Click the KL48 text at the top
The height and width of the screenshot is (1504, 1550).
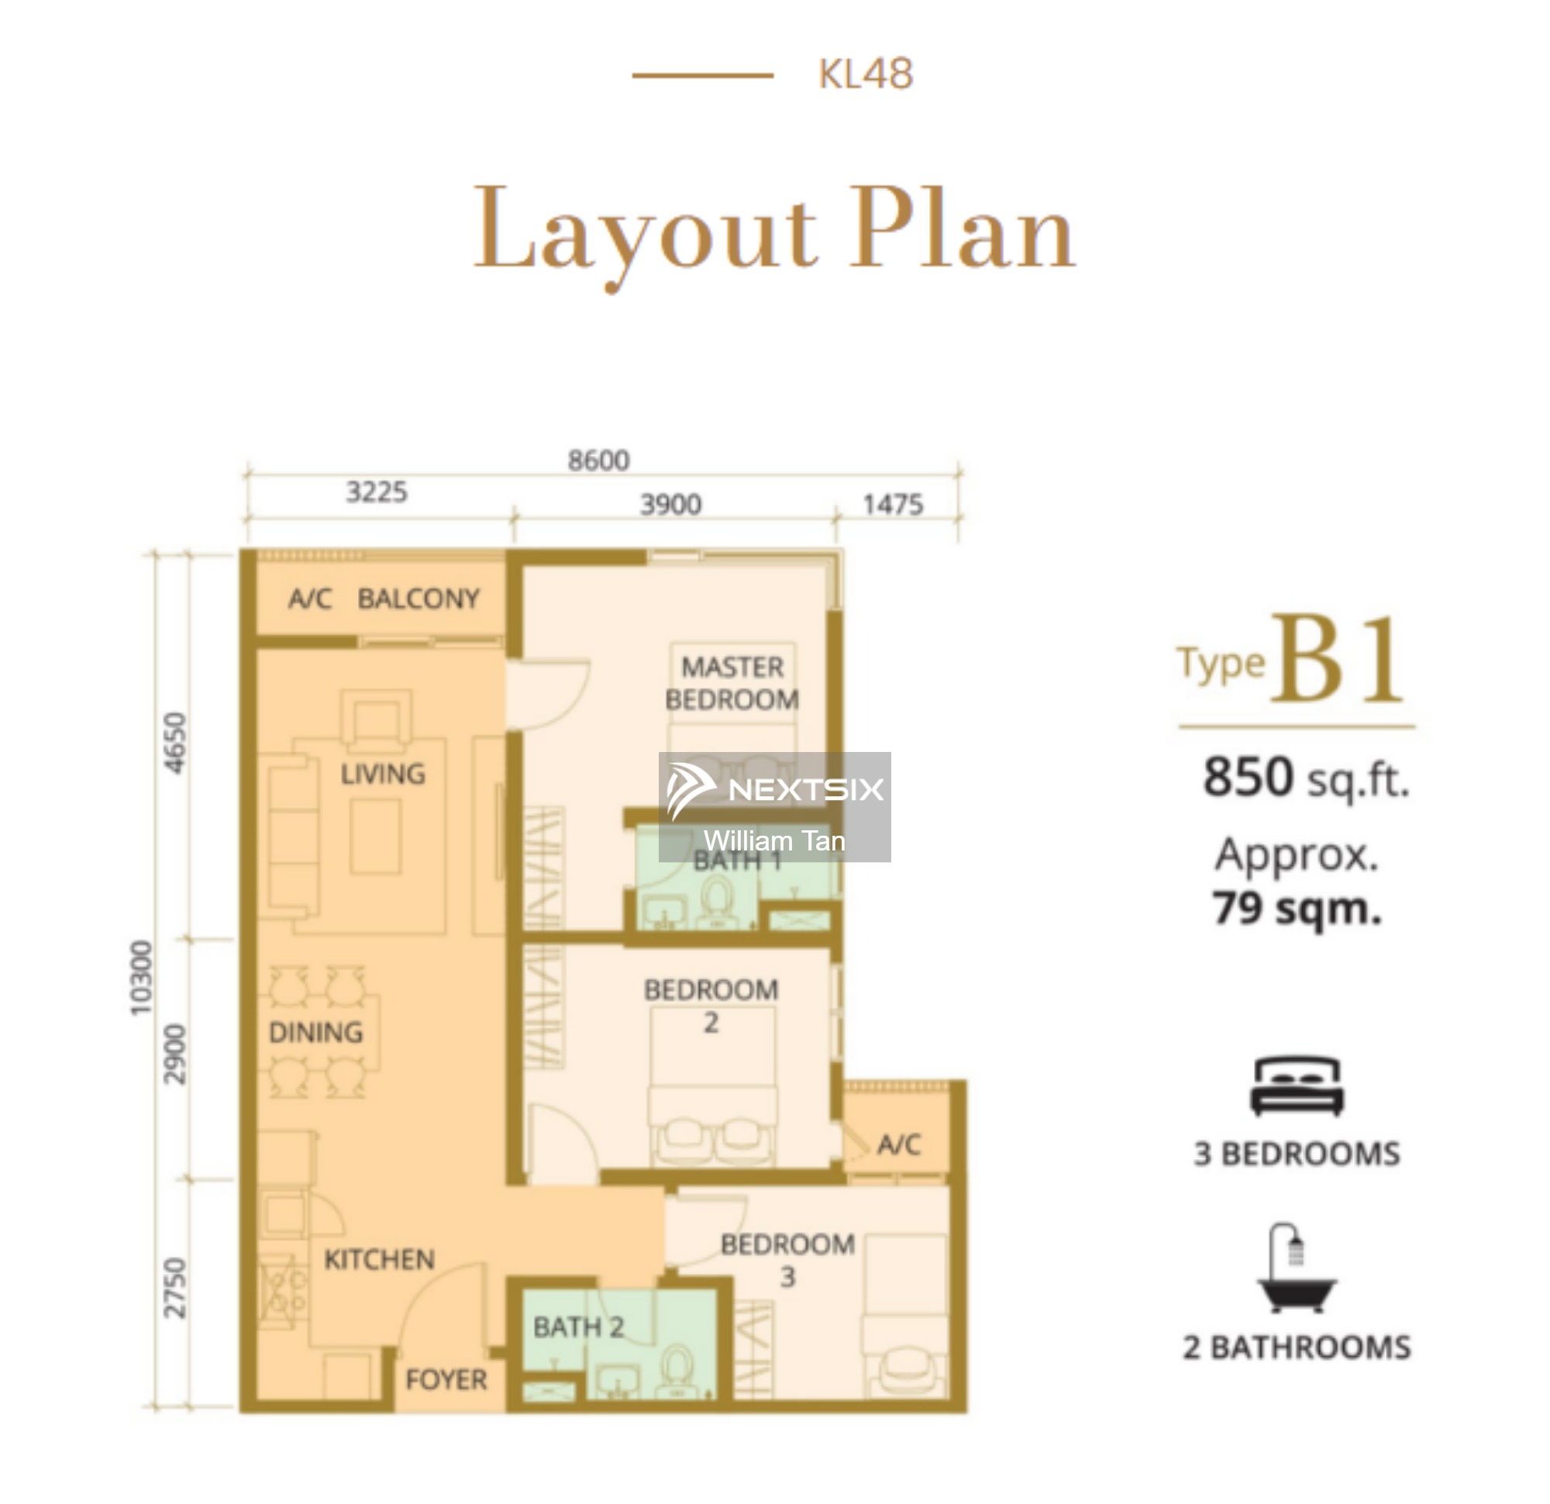(866, 74)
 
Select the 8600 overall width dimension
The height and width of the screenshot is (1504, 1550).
(598, 461)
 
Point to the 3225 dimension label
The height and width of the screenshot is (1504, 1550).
(377, 492)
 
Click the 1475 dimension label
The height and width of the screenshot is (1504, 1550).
(893, 505)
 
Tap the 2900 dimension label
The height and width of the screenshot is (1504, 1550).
(176, 1054)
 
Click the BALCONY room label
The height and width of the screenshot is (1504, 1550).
(418, 599)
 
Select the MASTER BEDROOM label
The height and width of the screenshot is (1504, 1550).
(732, 684)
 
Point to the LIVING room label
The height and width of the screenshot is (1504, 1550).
(383, 774)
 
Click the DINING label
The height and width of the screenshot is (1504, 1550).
(315, 1033)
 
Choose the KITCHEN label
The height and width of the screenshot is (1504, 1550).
(380, 1260)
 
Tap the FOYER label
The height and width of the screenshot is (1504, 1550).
(446, 1380)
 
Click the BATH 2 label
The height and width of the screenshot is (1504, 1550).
(579, 1326)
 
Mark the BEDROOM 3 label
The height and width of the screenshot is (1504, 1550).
(787, 1261)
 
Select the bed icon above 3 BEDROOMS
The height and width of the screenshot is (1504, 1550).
(1297, 1086)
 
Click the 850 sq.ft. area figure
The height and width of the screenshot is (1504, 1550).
(1307, 778)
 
